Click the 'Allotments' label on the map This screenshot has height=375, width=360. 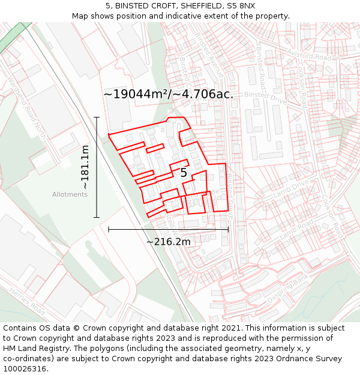coord(70,194)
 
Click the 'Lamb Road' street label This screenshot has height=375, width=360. coord(296,229)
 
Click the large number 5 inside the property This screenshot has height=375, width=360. coord(184,173)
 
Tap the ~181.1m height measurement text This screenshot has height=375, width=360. coord(85,167)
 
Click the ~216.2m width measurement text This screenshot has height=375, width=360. coord(169,242)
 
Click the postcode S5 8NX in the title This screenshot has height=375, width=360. coord(241,5)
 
